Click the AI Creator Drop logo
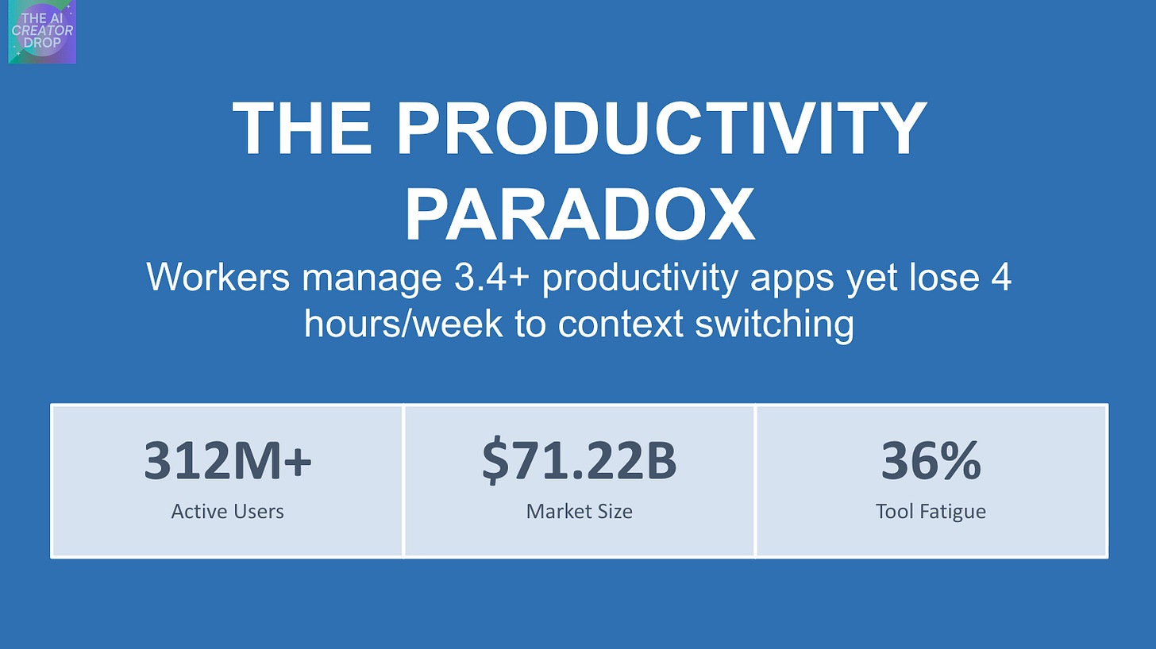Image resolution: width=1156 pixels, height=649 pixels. pos(42,33)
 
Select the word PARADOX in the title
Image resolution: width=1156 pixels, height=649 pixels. pos(580,215)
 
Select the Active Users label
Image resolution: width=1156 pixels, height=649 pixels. pos(228,512)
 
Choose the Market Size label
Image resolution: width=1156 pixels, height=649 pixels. pos(580,512)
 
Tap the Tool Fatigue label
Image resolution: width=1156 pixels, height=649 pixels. pos(931,512)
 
